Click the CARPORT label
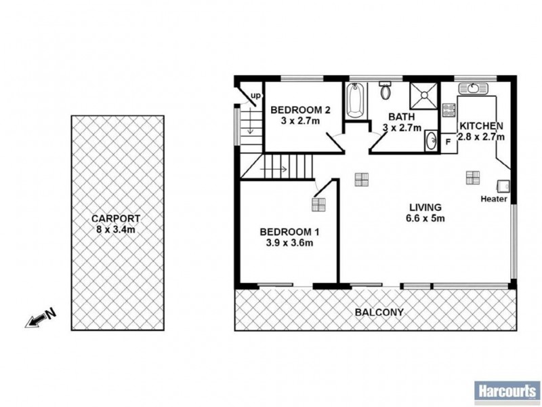coord(117,218)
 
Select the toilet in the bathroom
coord(385,90)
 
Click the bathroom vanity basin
coord(431,141)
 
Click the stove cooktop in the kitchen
coord(448,111)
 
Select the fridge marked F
coord(448,142)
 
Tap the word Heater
coord(493,199)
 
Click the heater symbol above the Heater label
coord(503,185)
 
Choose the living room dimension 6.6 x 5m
coord(425,218)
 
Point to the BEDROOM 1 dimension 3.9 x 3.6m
coord(289,243)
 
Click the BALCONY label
coord(379,313)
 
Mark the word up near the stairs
coord(255,96)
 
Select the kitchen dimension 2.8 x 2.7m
coord(482,136)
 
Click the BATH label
coord(402,116)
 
